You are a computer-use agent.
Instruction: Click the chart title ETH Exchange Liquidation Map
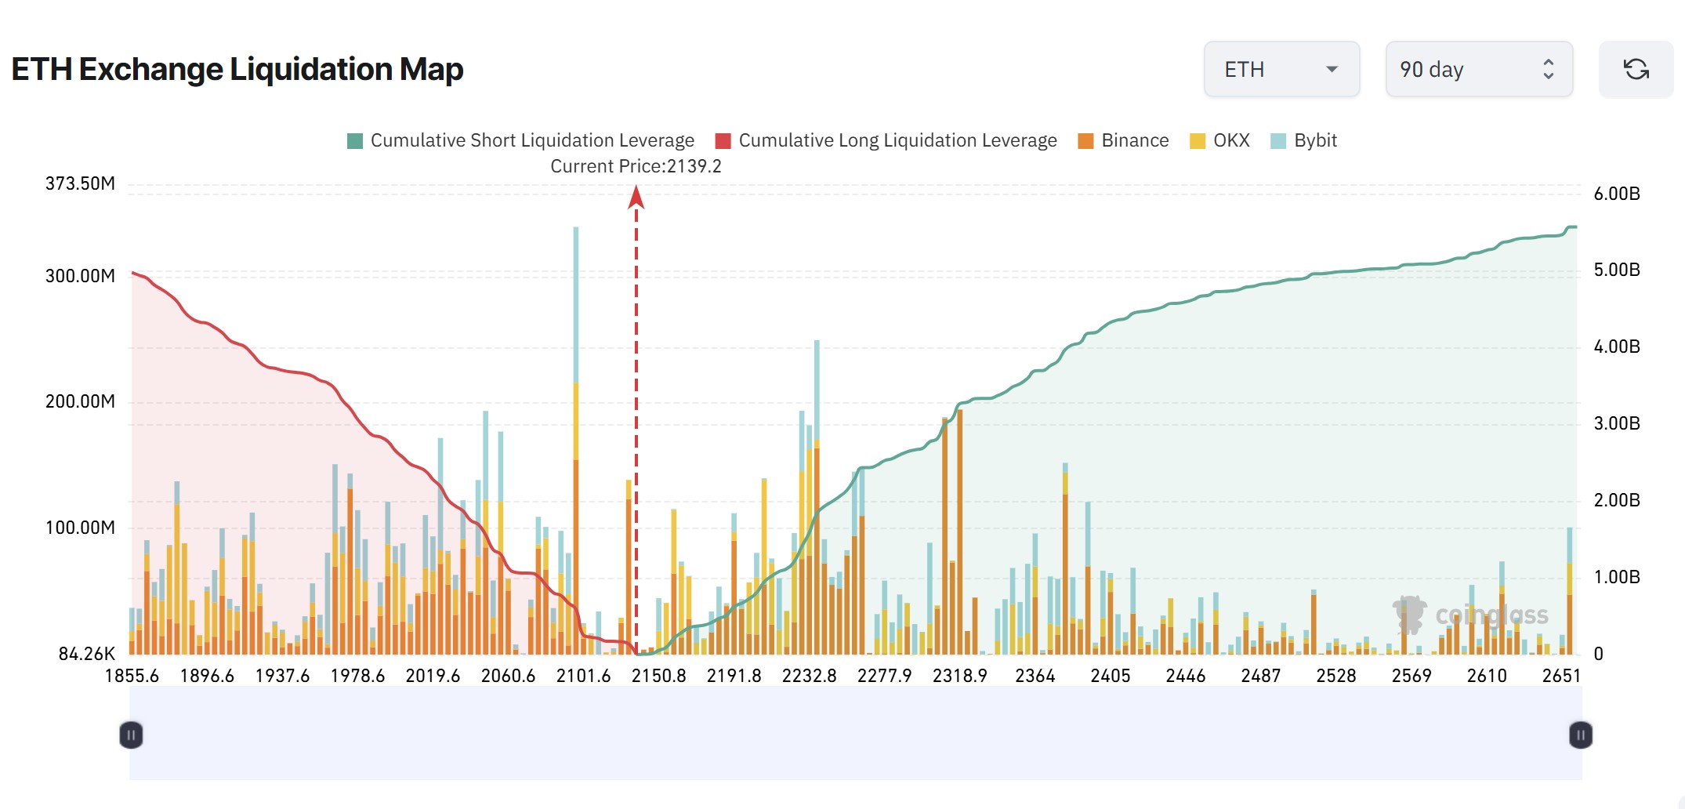click(237, 69)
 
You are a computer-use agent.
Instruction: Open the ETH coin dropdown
click(1281, 70)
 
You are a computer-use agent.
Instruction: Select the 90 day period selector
click(1478, 70)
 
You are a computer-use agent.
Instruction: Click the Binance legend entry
click(1124, 140)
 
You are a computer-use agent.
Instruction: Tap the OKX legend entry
click(1220, 140)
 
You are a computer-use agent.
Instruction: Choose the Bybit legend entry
click(1304, 140)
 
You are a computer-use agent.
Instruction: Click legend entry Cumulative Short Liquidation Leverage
click(521, 140)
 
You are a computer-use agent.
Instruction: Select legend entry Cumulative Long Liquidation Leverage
click(886, 140)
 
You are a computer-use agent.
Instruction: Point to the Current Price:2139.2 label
click(636, 166)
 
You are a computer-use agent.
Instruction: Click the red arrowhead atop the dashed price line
click(636, 196)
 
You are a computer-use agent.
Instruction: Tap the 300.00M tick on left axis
click(80, 276)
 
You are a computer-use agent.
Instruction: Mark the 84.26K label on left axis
click(86, 654)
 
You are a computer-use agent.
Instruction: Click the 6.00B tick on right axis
click(1617, 194)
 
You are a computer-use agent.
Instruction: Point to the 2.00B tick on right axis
click(1617, 500)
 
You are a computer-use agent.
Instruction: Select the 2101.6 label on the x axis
click(583, 676)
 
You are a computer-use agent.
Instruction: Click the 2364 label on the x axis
click(1035, 676)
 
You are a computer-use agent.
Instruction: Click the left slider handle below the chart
click(132, 735)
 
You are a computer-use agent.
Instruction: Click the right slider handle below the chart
click(1580, 735)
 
